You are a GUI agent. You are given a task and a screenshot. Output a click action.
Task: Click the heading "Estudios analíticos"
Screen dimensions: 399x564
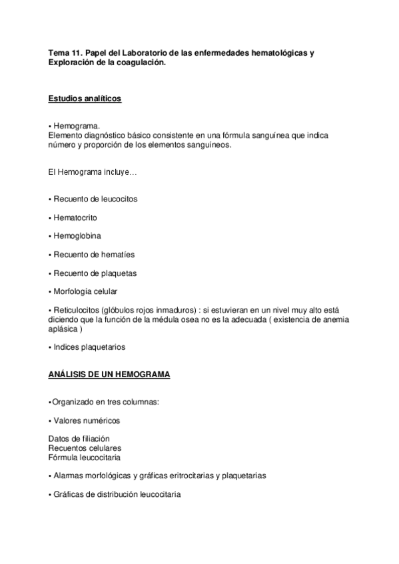click(x=85, y=99)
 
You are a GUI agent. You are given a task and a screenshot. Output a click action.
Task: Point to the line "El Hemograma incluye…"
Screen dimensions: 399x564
click(x=93, y=172)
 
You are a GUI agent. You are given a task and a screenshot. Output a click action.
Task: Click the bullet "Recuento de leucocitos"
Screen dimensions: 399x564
click(x=95, y=199)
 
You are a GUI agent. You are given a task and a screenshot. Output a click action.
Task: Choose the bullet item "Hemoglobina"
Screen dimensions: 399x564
click(x=77, y=235)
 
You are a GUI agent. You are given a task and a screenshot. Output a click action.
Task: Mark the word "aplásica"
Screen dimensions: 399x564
click(x=64, y=329)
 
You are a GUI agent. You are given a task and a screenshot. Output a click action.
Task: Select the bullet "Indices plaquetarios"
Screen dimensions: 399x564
click(x=89, y=347)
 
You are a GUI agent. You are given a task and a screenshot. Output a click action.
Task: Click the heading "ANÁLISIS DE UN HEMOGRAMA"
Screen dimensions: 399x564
click(x=109, y=374)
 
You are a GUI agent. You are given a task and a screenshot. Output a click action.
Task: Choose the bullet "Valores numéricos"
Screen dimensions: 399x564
click(x=87, y=420)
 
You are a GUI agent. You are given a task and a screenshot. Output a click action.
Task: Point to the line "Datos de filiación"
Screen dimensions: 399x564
click(x=79, y=439)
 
